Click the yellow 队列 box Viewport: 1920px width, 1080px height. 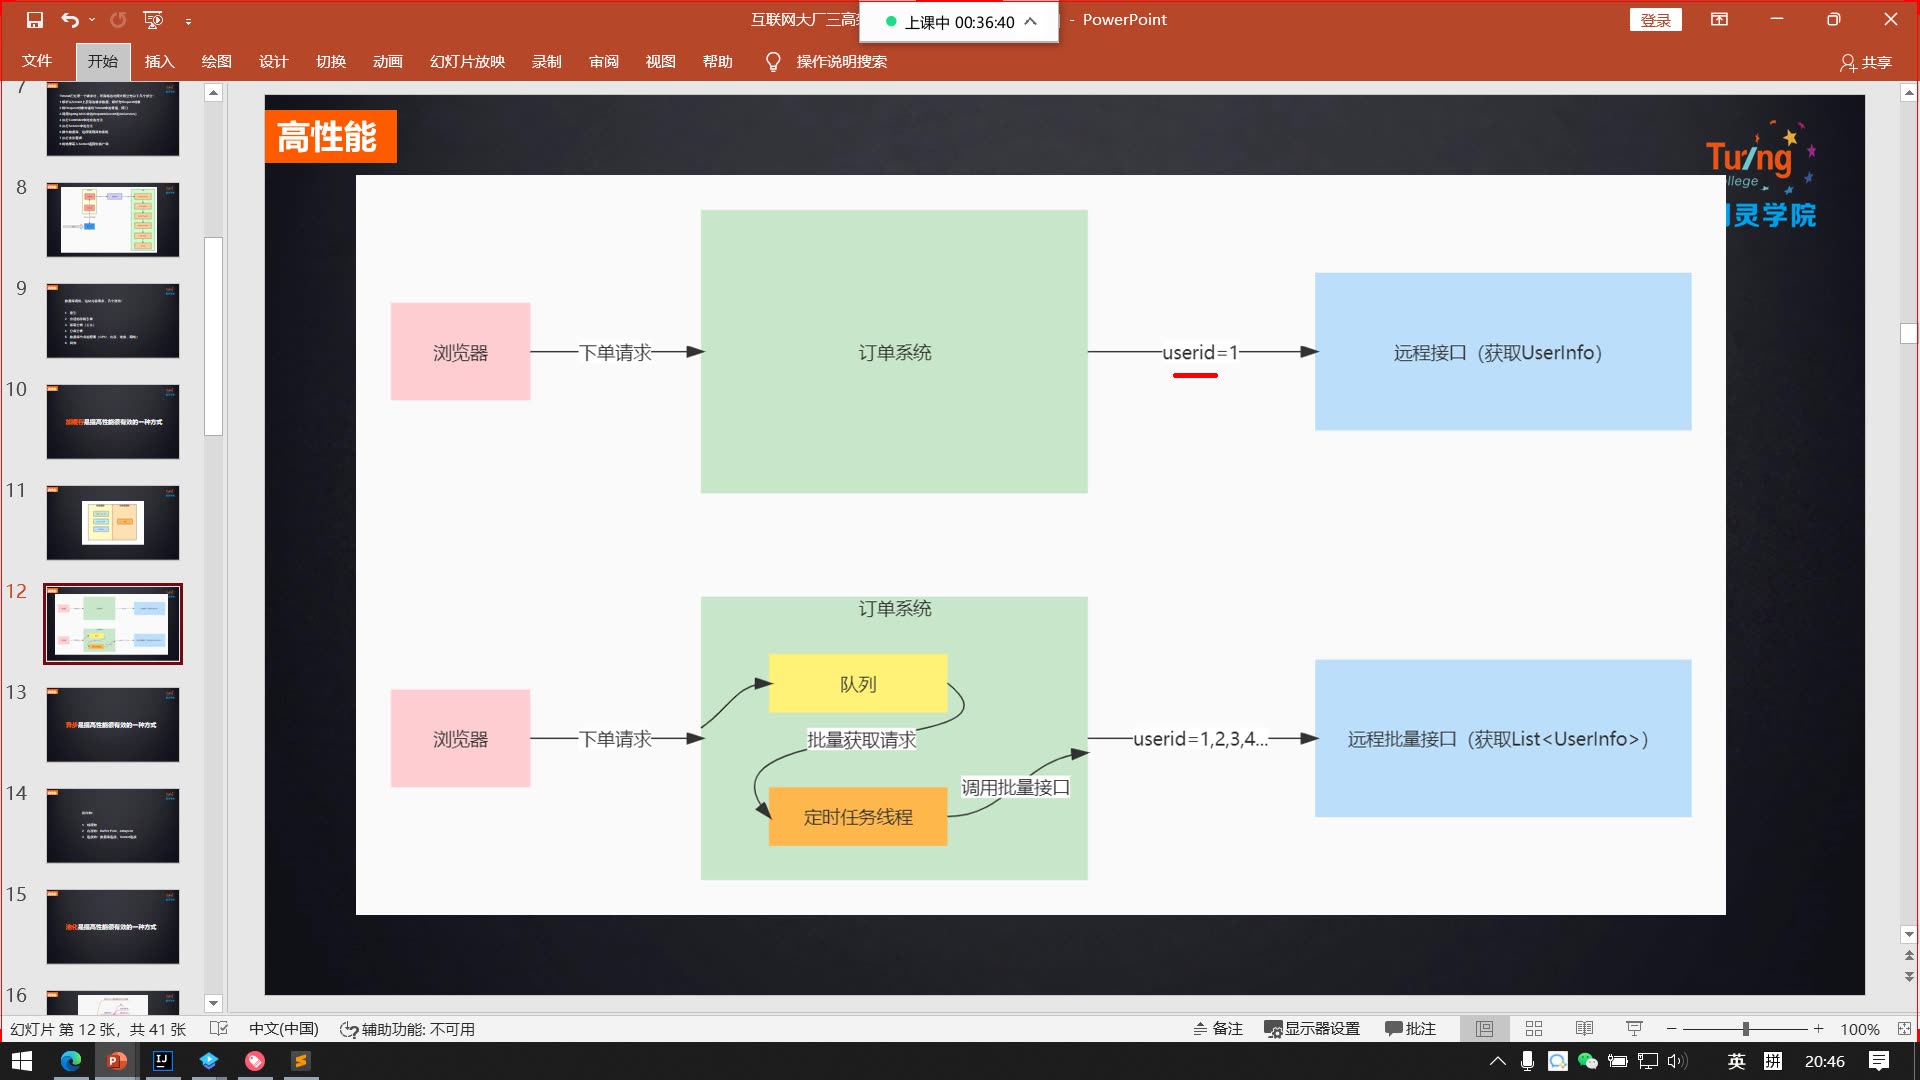857,684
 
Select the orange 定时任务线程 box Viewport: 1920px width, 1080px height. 857,817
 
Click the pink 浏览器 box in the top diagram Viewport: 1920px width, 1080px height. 460,352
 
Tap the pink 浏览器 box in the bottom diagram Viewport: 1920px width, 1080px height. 460,739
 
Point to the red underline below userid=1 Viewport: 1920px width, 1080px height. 1195,375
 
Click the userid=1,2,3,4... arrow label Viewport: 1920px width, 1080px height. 1200,739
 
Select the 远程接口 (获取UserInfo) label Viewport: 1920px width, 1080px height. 1497,352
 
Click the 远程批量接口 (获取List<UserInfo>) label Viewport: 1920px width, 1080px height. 1497,739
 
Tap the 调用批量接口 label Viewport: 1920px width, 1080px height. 1015,788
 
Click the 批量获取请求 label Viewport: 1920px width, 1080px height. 861,740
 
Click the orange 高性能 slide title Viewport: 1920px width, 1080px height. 329,137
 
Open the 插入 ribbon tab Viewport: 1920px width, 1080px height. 159,62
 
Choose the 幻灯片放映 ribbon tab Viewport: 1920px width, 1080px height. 467,62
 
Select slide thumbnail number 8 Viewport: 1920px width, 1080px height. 113,220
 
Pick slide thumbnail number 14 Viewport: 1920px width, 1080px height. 113,826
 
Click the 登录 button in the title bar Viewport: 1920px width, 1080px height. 1655,20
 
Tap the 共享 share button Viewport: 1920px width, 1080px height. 1866,62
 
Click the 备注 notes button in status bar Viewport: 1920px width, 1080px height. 1218,1029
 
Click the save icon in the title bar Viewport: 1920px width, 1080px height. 35,20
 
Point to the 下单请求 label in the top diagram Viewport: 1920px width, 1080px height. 615,352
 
